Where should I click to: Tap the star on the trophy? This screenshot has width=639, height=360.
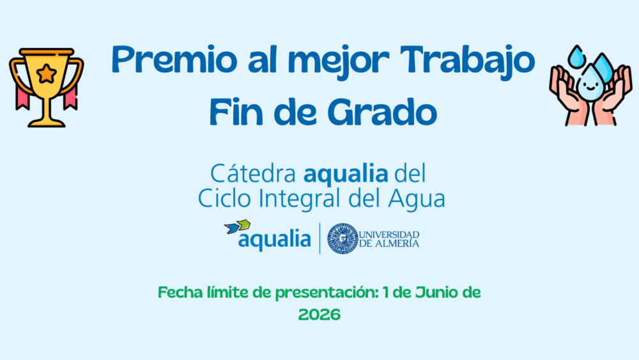click(47, 74)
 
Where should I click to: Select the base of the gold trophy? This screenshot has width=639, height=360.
click(46, 123)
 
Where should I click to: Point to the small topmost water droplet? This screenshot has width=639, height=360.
click(576, 57)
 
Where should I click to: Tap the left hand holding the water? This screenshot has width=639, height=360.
click(568, 96)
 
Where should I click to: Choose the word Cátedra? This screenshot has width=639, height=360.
click(252, 173)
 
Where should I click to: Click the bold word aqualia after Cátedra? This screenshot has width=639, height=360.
click(346, 174)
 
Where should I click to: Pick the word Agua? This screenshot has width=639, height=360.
click(416, 200)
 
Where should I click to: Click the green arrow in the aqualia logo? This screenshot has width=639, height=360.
click(244, 224)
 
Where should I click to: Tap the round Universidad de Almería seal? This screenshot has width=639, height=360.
click(343, 239)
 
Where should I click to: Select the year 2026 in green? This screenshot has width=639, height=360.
click(319, 315)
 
